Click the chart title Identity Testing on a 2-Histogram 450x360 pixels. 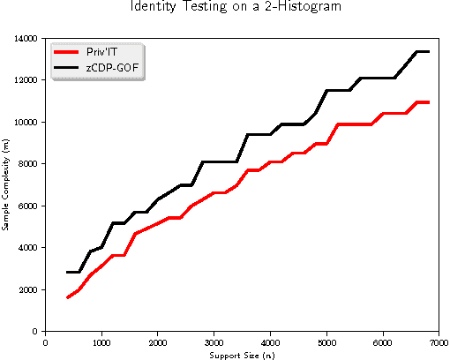point(224,8)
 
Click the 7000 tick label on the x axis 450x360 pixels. point(439,341)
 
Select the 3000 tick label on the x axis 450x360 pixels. point(214,341)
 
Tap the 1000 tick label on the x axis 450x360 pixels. point(101,341)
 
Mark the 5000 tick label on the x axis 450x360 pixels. point(326,341)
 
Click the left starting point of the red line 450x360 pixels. point(68,297)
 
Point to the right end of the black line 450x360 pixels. point(428,52)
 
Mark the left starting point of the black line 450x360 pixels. point(68,273)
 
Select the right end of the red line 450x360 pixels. point(428,102)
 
